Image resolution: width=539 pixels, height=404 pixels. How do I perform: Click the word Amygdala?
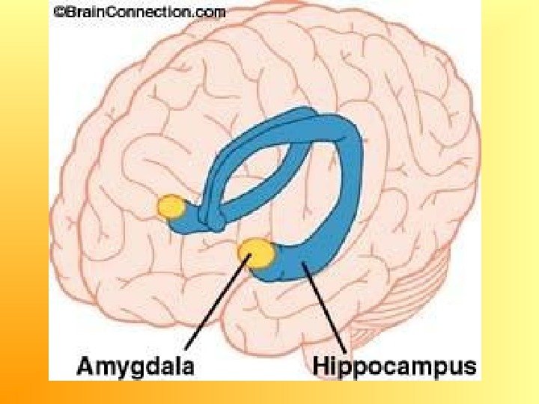(x=136, y=367)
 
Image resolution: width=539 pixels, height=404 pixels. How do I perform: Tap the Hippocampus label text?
(x=394, y=367)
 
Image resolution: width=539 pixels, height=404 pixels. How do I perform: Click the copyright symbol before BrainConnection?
(x=55, y=11)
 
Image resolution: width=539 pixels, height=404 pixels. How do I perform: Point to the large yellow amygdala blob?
(x=257, y=253)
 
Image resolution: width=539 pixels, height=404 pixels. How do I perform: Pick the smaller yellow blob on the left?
(x=171, y=206)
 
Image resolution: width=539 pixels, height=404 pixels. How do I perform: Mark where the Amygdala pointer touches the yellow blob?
(x=249, y=259)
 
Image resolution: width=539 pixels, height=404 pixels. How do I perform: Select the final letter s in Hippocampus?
(x=470, y=367)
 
